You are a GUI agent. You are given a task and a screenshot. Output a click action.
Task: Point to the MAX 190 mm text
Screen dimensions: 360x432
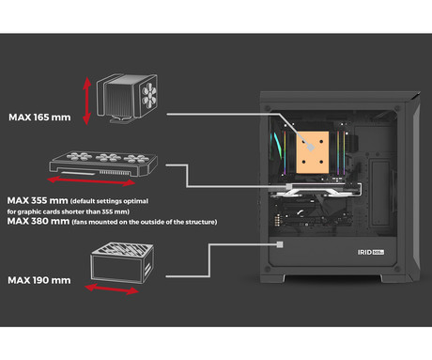click(39, 280)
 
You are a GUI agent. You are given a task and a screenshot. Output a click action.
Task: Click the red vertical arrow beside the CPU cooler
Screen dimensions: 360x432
click(86, 101)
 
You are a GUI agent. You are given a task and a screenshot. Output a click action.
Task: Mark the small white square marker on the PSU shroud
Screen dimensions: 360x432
click(280, 244)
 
